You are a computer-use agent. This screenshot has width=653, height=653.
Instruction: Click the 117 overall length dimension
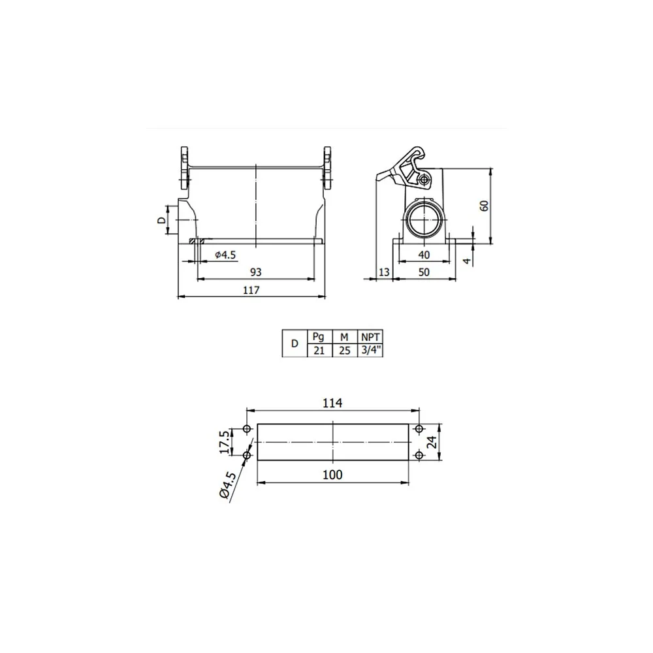pos(251,290)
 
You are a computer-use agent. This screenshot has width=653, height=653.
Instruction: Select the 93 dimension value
pos(256,272)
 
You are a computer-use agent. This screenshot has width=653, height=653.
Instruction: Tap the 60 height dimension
pos(485,206)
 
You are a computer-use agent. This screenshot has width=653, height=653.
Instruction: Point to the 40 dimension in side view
pos(424,255)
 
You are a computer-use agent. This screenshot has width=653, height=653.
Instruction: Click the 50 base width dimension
pos(424,272)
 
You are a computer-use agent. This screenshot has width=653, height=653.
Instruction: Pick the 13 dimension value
pos(384,272)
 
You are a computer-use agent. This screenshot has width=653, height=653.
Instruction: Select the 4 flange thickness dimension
pos(468,261)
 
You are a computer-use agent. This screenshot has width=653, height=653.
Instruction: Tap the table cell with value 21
pos(319,351)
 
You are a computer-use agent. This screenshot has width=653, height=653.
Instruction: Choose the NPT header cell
pos(370,337)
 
